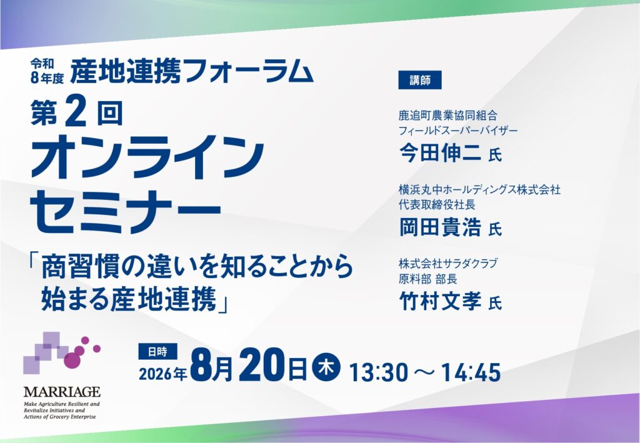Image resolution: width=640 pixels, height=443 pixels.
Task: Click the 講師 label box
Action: tap(419, 81)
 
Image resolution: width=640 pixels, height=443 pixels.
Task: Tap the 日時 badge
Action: tap(158, 352)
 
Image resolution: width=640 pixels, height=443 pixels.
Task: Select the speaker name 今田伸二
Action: tap(439, 154)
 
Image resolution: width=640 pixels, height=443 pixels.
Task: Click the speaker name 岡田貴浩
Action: tap(439, 227)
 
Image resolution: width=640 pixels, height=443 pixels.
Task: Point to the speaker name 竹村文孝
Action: tap(439, 301)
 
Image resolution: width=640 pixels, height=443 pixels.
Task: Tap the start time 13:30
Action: tap(378, 372)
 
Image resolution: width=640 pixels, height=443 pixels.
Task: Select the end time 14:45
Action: tap(471, 372)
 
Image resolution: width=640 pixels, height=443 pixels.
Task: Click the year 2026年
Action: tap(163, 373)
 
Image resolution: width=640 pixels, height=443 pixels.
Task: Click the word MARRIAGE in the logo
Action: tap(62, 392)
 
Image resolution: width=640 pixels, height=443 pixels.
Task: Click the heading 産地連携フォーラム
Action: tap(191, 71)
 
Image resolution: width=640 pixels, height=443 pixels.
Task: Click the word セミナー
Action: tap(126, 212)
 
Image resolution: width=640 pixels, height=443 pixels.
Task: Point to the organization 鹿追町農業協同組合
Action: tap(447, 116)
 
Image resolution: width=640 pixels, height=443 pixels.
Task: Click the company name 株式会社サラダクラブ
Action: tap(447, 263)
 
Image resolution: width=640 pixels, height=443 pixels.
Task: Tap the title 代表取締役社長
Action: tap(437, 204)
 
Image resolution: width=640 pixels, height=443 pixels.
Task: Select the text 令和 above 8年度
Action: tap(42, 63)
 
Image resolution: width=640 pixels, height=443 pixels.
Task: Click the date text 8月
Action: tap(211, 365)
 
